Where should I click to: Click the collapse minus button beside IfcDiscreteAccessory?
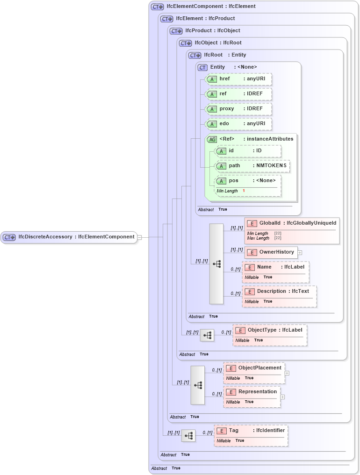pos(139,237)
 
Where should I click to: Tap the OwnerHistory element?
pos(271,252)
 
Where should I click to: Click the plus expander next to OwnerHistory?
pos(300,253)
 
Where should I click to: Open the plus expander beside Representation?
pos(282,397)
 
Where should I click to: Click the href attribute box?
pos(238,79)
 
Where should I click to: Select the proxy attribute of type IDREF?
pos(238,109)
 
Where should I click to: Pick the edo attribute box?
pos(238,124)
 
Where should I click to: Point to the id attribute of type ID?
pos(248,151)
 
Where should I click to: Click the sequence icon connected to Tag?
pos(188,436)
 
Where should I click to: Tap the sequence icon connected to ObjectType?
pos(207,335)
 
